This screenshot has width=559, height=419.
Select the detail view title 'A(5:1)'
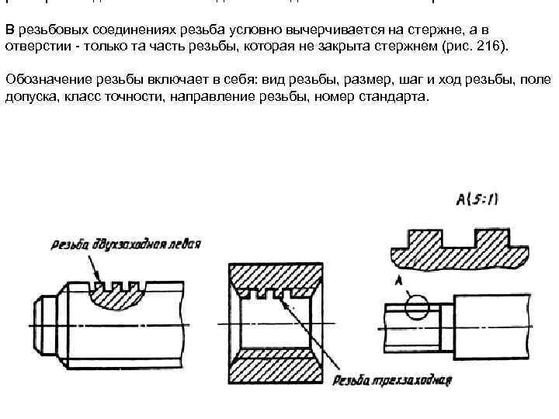tap(477, 199)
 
